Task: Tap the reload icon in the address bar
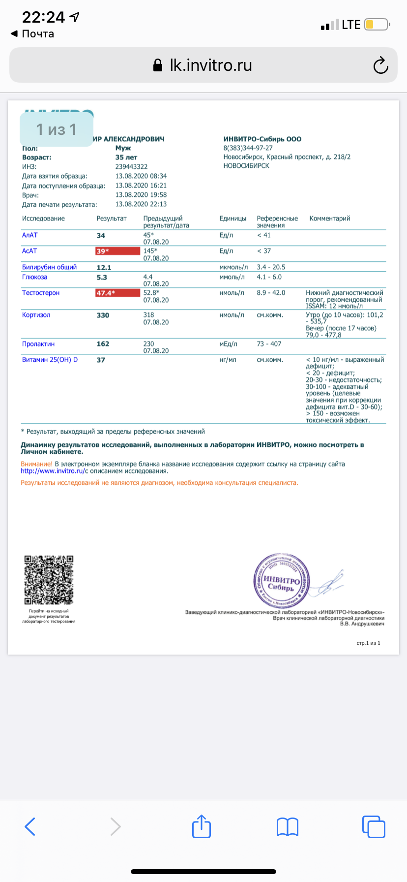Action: coord(380,65)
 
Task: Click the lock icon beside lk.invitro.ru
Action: coord(158,65)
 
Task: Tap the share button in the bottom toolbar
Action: coord(202,826)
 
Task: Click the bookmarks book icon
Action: coord(288,827)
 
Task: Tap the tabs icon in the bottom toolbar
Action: coord(373,826)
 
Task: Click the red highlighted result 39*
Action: coord(117,251)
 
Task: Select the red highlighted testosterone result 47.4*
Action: coord(117,293)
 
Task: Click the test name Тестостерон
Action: coord(41,293)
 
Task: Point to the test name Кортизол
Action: coord(36,315)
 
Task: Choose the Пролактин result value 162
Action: coord(103,344)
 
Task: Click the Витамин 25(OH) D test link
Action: coord(50,360)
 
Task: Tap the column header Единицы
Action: coord(233,219)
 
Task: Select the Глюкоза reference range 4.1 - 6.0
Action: coord(269,277)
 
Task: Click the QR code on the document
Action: coord(49,580)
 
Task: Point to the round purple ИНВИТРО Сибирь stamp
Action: coord(282,581)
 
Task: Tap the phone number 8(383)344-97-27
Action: coord(248,148)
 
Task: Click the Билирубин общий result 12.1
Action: coord(104,268)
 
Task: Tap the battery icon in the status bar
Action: coord(377,25)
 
